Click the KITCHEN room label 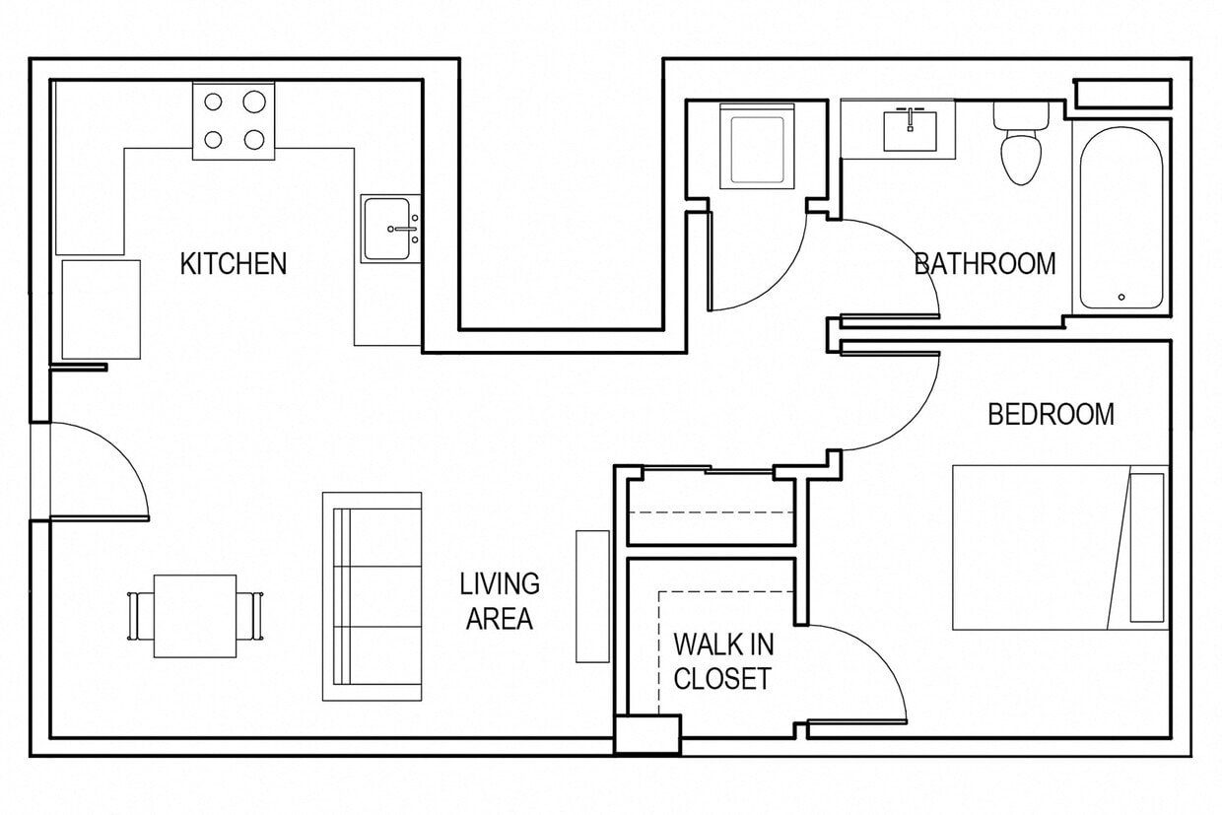[234, 264]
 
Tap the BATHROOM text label [984, 264]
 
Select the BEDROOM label [1051, 415]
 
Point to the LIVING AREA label [500, 601]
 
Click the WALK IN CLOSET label [722, 661]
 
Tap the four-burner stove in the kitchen [234, 120]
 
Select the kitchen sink [386, 229]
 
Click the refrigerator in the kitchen [101, 309]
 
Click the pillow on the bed [1146, 547]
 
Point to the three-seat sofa [372, 596]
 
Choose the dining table [195, 616]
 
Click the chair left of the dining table [137, 616]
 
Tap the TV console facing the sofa [592, 596]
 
